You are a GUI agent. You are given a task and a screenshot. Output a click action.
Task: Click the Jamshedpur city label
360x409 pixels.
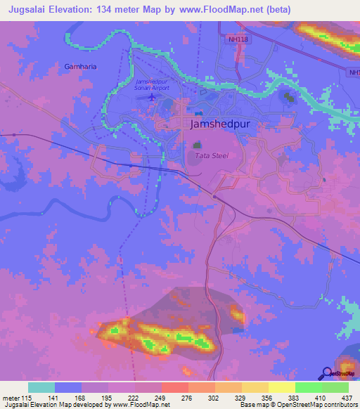coord(221,124)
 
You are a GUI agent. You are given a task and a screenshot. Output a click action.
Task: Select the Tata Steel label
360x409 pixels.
coord(211,155)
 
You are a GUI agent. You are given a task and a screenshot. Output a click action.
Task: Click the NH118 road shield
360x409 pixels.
coord(238,39)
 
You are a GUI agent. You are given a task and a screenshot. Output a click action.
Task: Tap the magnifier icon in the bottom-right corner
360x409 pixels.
coord(328,374)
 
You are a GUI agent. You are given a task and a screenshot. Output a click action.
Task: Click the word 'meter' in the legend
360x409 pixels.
coord(12,398)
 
